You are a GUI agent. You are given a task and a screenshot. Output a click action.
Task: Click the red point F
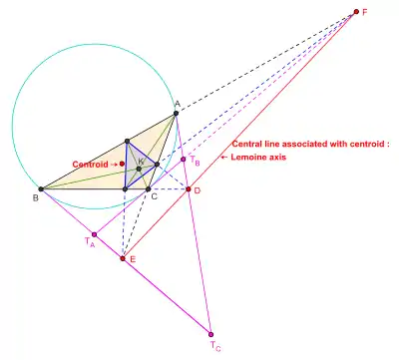point(356,12)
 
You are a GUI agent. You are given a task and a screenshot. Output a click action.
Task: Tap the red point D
point(189,189)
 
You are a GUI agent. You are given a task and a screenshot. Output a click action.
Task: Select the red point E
point(123,258)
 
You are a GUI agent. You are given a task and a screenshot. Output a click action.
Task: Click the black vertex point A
point(176,114)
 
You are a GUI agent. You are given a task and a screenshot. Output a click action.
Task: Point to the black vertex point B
point(41,189)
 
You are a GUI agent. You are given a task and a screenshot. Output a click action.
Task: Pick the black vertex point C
point(149,189)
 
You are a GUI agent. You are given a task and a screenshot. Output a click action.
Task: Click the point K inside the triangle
point(139,169)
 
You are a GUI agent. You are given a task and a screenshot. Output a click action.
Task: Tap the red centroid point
point(122,164)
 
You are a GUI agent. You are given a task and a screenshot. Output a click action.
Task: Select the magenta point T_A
point(94,234)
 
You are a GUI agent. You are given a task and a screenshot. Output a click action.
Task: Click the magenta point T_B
point(183,160)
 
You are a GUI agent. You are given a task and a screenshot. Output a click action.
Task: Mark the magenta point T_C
point(210,334)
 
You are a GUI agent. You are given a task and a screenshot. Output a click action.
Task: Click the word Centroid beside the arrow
point(90,165)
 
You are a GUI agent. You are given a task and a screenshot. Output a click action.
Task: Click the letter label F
point(365,12)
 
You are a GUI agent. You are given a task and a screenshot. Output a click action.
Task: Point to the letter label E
point(133,259)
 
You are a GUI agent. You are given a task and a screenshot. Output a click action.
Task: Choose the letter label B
point(35,198)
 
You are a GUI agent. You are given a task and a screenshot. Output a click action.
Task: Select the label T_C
point(215,346)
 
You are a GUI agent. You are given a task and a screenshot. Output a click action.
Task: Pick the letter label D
point(198,190)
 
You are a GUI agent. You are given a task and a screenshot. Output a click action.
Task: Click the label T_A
point(89,241)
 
